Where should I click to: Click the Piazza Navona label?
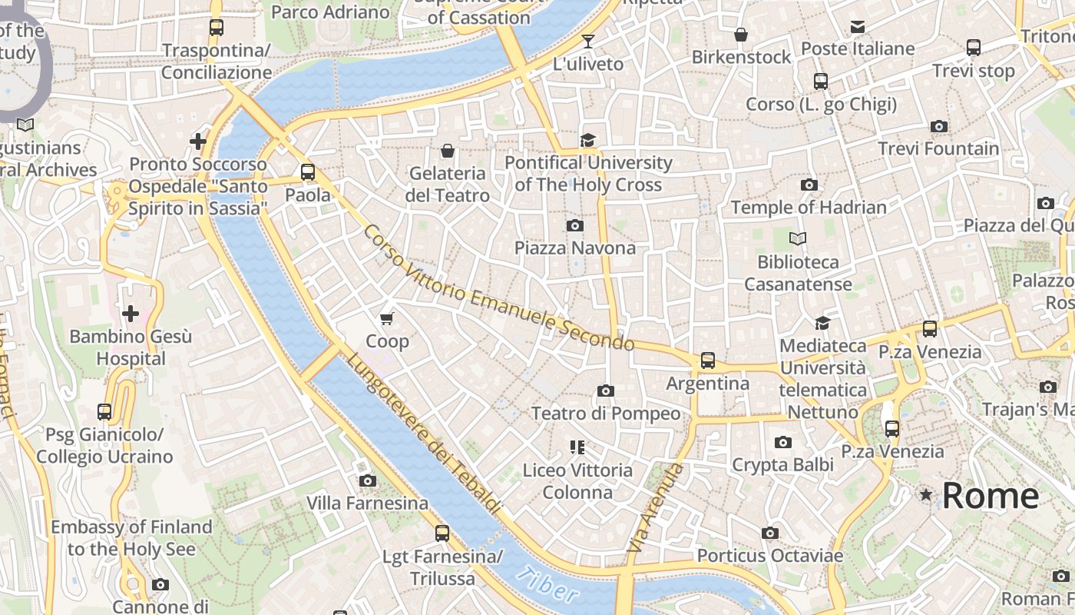[x=575, y=248]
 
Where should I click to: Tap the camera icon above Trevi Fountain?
[x=938, y=126]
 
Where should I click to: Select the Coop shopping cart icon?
[x=387, y=317]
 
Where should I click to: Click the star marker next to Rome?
[x=926, y=495]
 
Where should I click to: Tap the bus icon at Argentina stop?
[x=707, y=360]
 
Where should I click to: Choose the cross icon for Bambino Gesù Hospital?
[x=131, y=314]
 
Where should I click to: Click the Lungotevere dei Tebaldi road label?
[x=423, y=434]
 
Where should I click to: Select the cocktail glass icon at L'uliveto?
[x=588, y=42]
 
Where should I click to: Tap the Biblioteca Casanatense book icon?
[x=798, y=239]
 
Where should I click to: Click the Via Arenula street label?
[x=655, y=507]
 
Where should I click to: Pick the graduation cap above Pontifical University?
[x=587, y=140]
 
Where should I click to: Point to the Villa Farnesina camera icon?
[x=368, y=480]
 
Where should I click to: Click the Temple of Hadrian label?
[x=809, y=208]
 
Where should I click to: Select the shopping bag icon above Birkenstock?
[x=741, y=35]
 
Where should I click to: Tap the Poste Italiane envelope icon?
[x=858, y=27]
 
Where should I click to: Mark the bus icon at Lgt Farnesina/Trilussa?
[x=442, y=533]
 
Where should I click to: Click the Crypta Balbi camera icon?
[x=782, y=442]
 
